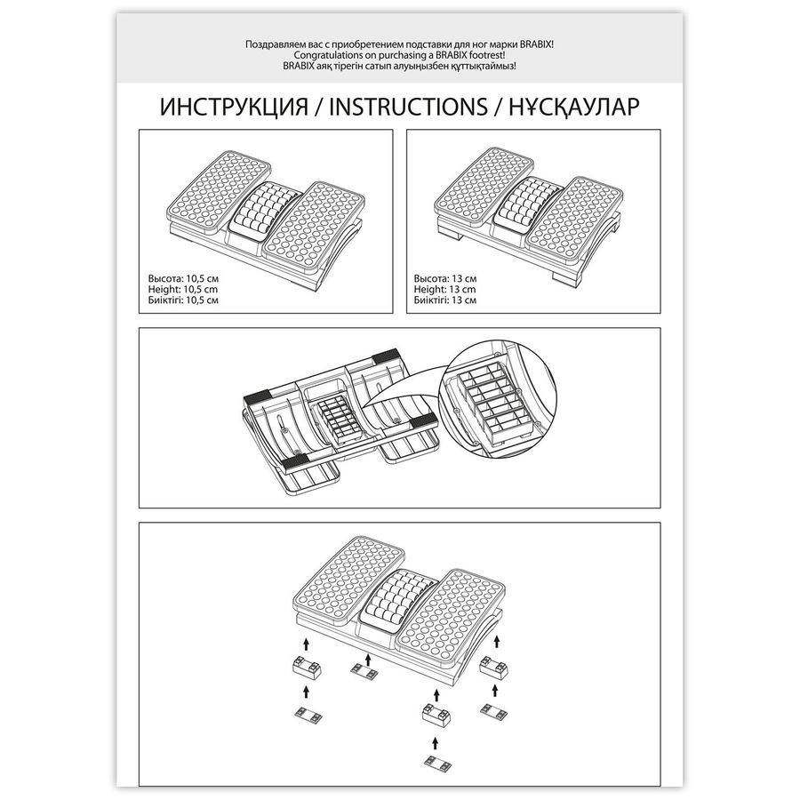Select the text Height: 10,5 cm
tap(182, 290)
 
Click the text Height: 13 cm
tap(444, 290)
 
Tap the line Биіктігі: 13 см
tap(445, 300)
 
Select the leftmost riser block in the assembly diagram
tap(306, 666)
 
